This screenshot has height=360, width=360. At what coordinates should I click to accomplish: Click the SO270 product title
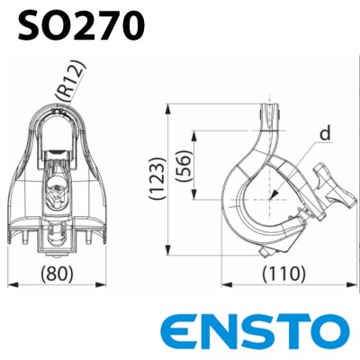[80, 24]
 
